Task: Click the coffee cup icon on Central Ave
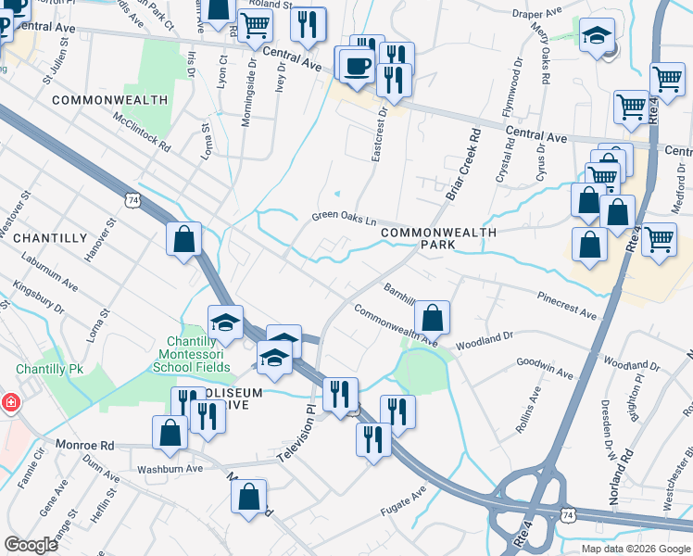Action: [356, 65]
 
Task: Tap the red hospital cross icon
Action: [9, 403]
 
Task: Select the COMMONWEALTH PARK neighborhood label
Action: [438, 239]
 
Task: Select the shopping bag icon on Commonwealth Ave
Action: [432, 317]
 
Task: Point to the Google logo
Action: [31, 545]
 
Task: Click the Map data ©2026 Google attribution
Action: [635, 549]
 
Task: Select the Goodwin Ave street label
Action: [546, 369]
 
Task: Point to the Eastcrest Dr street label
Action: [378, 134]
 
